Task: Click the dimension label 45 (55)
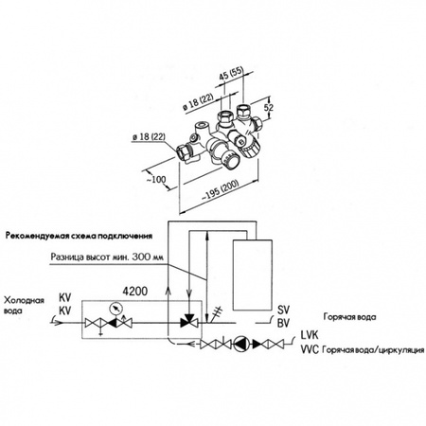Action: tap(231, 74)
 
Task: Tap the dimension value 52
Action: tap(269, 107)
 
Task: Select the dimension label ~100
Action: tap(156, 180)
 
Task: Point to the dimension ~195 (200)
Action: tap(220, 191)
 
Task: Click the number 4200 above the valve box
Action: tap(135, 292)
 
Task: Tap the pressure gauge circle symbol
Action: tap(115, 309)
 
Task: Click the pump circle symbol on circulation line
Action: tap(240, 344)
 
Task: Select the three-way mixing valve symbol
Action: tap(188, 321)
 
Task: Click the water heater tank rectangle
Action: tap(253, 275)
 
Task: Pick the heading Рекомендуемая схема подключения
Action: tap(79, 236)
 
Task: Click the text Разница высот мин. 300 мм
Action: tap(107, 257)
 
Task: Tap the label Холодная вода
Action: tap(24, 305)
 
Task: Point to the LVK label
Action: tap(310, 335)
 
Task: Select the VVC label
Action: tap(310, 349)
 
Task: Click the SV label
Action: tap(283, 311)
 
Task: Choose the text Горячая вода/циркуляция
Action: tap(373, 350)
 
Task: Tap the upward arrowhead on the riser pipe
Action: tap(169, 291)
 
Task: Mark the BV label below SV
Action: tap(283, 324)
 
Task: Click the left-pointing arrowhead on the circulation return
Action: tap(190, 344)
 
